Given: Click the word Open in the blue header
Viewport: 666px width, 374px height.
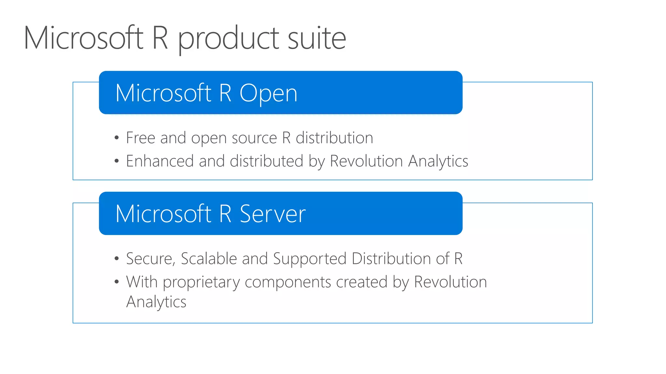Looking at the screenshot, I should click(x=268, y=93).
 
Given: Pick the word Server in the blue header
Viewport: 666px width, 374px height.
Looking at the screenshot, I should click(x=273, y=214).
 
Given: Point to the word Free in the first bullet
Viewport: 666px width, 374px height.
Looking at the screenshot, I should click(x=140, y=138).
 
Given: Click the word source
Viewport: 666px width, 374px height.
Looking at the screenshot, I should click(x=254, y=138).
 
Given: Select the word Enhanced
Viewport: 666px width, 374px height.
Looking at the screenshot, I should click(x=160, y=161).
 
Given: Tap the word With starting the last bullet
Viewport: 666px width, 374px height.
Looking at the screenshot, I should click(x=142, y=281).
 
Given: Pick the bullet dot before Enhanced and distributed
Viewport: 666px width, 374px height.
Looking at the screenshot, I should click(x=117, y=161).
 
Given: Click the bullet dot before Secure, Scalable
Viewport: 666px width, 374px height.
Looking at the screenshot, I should click(x=117, y=259).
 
